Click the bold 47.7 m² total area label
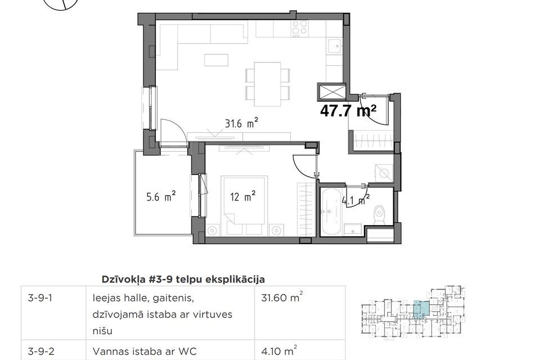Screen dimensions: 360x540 click(x=348, y=111)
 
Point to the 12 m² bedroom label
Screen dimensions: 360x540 click(x=243, y=196)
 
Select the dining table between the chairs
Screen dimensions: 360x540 click(x=268, y=84)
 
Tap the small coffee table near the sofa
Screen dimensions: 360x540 click(x=213, y=59)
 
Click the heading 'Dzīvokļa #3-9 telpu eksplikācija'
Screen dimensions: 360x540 click(x=183, y=278)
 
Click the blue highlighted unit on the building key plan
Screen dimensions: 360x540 click(x=420, y=309)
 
